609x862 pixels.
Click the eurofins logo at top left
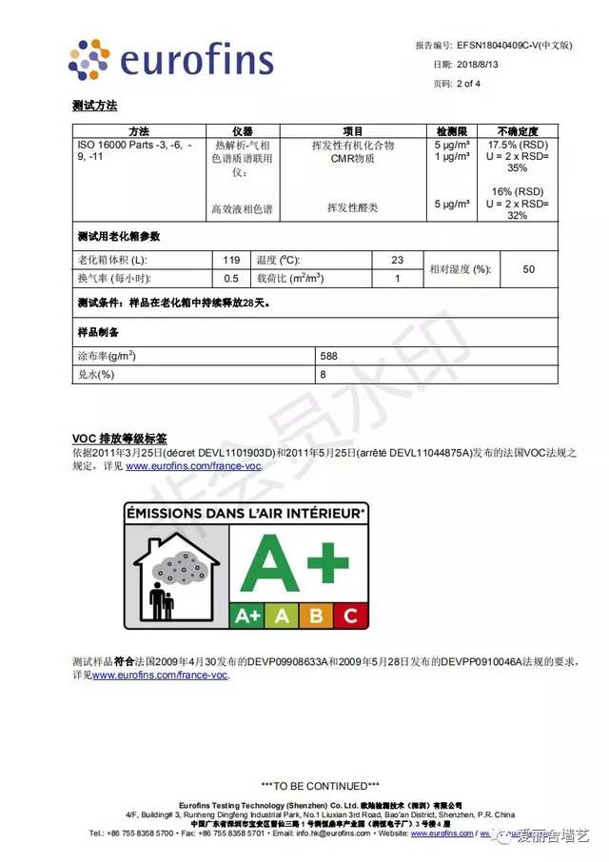(171, 60)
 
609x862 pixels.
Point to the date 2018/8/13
(479, 65)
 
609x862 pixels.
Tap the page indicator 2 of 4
(468, 84)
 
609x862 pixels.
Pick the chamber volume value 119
(231, 260)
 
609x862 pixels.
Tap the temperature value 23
(397, 260)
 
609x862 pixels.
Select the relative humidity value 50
(529, 269)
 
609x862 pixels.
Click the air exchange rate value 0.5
(231, 279)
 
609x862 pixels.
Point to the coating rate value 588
(329, 356)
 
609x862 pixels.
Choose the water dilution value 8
(324, 375)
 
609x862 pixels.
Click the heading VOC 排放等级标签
(119, 439)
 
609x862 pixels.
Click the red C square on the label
(350, 616)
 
